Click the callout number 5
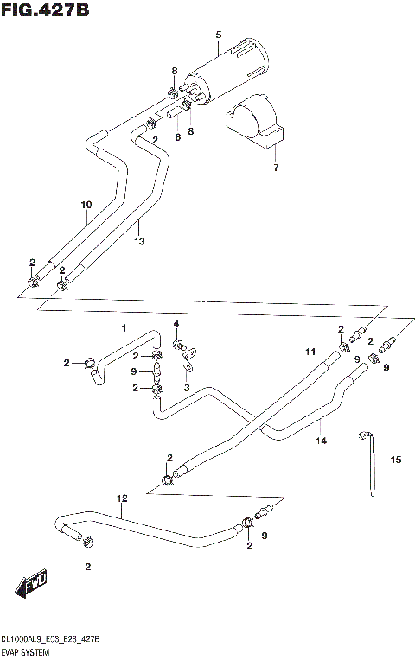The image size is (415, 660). click(x=218, y=34)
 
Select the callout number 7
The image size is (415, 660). click(x=276, y=167)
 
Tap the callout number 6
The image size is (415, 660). click(x=177, y=137)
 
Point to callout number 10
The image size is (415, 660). click(x=86, y=205)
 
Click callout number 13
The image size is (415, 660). click(x=139, y=243)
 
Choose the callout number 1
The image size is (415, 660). click(x=124, y=328)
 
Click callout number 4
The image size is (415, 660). click(x=176, y=324)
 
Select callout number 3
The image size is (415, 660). click(x=187, y=389)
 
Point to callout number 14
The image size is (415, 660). click(x=321, y=440)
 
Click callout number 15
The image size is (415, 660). click(x=396, y=460)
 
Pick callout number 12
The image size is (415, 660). click(x=122, y=499)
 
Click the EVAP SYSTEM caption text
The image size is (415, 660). click(x=27, y=654)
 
